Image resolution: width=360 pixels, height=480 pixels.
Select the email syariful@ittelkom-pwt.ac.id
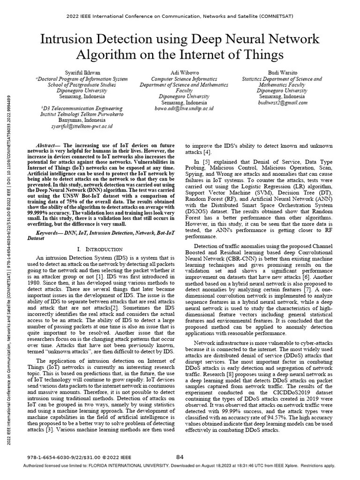[82, 127]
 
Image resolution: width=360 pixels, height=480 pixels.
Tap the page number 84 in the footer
[180, 457]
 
